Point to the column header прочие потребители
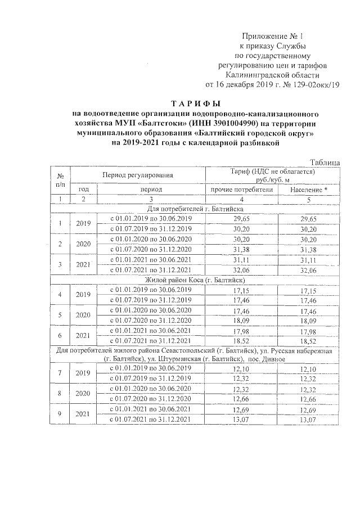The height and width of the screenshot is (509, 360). [x=241, y=190]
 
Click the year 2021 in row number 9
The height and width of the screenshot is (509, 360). [x=83, y=414]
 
